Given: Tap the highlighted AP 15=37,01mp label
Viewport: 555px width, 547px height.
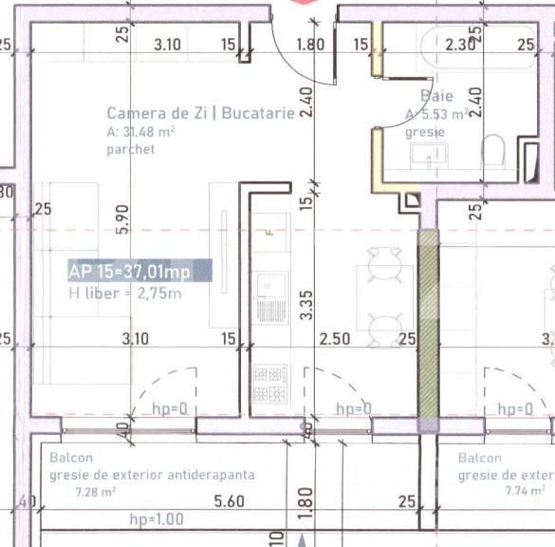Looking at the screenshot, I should pos(130,272).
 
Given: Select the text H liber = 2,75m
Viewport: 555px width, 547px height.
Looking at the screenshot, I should pos(124,294).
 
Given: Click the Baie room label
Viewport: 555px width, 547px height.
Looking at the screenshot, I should pos(436,96).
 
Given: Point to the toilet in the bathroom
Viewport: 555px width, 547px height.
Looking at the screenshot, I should pos(493,152).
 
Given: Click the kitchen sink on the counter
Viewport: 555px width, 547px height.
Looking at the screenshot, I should pos(271,284).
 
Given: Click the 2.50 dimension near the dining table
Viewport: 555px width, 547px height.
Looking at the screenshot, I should pos(334,338).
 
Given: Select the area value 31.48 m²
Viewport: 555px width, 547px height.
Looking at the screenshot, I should pos(141,132).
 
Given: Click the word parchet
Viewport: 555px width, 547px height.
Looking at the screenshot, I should pos(130,149).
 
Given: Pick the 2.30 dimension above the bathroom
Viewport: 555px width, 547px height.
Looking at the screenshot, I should pos(461,44).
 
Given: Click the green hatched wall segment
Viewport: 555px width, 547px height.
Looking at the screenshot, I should pos(429,323).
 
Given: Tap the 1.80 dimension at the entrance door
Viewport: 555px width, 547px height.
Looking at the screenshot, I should pos(309,44).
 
